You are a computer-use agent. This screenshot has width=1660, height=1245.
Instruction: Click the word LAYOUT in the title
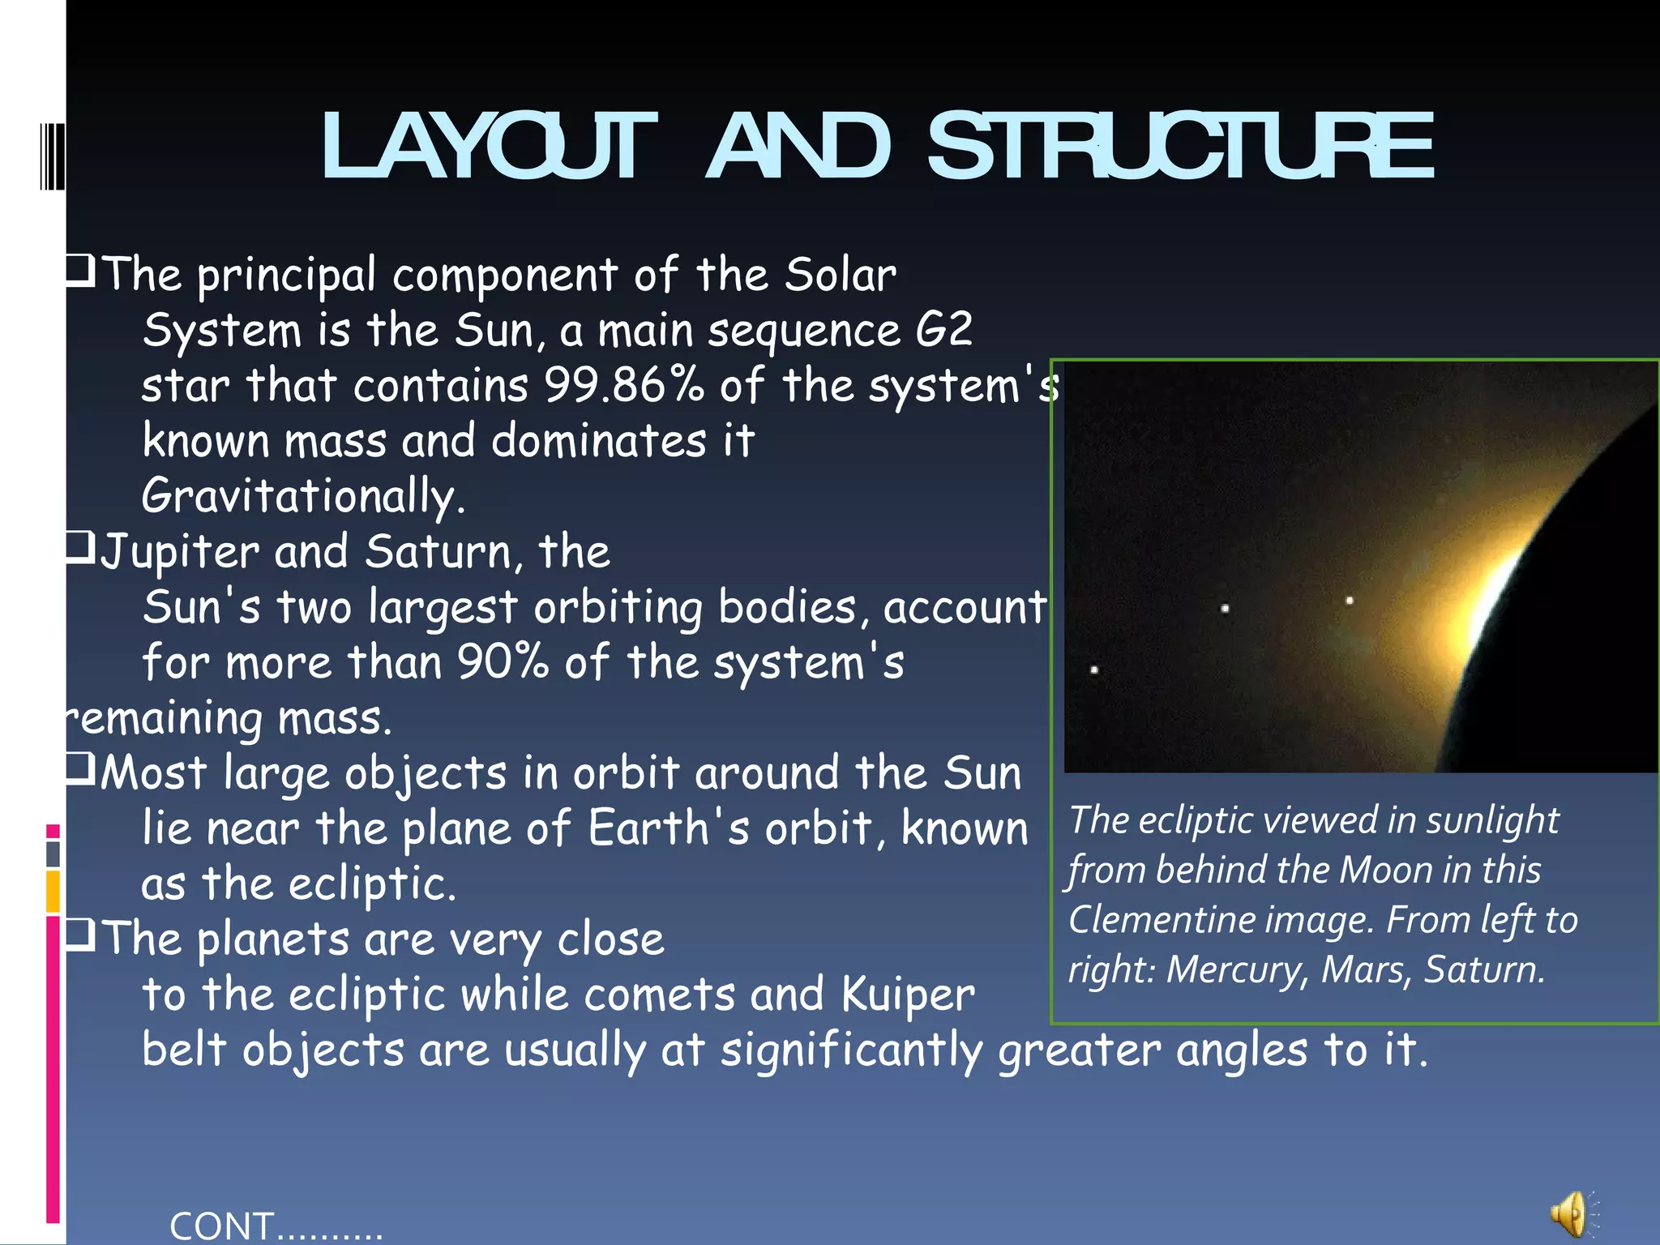click(489, 147)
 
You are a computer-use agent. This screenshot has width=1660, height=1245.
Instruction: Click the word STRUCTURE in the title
click(1180, 147)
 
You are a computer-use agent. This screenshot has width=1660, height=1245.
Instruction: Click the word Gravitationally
click(303, 496)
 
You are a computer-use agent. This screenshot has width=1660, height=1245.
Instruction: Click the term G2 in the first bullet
click(943, 330)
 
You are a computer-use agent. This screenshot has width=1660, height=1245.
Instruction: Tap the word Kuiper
click(908, 995)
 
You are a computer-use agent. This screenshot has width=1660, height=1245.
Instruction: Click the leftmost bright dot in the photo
click(1094, 670)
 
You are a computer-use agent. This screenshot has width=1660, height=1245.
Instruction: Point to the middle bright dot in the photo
click(1225, 608)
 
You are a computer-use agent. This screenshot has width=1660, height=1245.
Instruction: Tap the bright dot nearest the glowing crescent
click(1350, 601)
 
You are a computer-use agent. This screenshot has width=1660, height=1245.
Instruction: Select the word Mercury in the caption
click(1234, 970)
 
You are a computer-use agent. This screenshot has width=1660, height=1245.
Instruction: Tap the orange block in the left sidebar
click(53, 892)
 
